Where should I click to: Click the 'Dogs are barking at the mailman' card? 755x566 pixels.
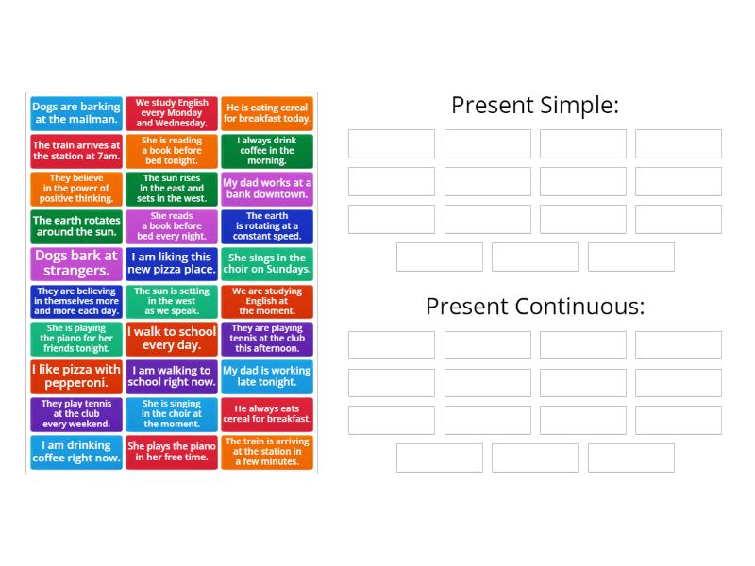76,113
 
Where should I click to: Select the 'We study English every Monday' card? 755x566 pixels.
172,113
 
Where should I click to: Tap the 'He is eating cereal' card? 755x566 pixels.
267,113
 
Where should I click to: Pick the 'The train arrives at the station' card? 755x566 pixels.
76,151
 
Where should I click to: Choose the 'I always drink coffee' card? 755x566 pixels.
267,151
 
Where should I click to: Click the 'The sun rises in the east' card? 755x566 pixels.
172,189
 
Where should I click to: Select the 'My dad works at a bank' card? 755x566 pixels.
267,189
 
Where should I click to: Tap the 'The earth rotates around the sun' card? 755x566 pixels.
76,226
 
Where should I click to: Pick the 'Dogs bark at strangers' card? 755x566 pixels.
76,263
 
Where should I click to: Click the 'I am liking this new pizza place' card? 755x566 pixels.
172,263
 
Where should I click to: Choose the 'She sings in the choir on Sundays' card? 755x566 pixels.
267,263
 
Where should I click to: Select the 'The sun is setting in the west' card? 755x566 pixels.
172,301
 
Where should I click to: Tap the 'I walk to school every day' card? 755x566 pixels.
172,339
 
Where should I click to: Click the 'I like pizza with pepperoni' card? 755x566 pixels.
76,376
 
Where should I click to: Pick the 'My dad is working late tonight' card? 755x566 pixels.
267,376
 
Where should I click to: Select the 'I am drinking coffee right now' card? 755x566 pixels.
76,452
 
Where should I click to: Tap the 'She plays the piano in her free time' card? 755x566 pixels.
172,452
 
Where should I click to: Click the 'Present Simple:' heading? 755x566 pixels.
534,105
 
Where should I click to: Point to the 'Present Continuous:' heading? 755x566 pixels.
534,307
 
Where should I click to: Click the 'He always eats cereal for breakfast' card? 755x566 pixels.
267,414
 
